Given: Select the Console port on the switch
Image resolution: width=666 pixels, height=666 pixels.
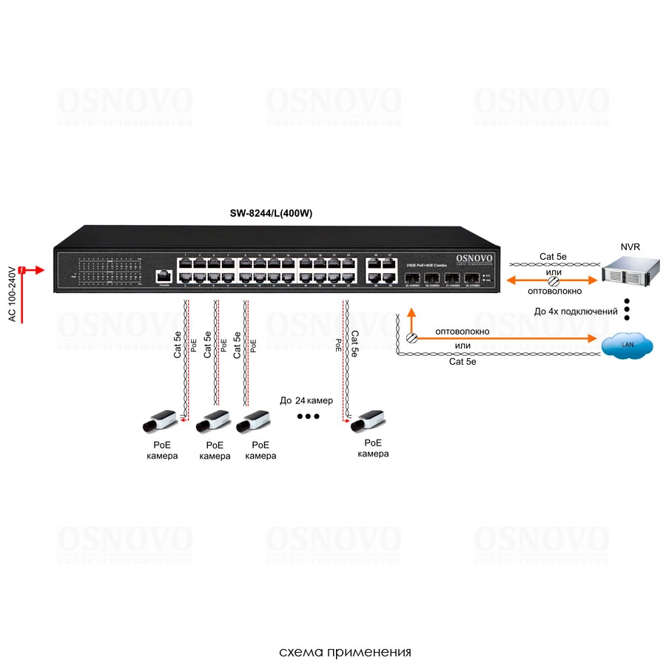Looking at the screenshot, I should click(164, 277).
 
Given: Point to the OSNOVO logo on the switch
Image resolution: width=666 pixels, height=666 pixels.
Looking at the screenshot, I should click(476, 257).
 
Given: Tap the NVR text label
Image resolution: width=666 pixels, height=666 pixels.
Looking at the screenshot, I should click(630, 246).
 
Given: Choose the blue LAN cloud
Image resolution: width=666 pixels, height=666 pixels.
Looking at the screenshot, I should click(628, 344).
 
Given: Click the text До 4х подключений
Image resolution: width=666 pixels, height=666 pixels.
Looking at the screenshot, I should click(576, 312).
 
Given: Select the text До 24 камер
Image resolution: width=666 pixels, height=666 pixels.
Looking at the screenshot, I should click(306, 400).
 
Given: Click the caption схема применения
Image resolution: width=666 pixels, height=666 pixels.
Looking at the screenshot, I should click(344, 652).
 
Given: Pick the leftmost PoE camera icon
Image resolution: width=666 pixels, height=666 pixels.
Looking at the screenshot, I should click(162, 422).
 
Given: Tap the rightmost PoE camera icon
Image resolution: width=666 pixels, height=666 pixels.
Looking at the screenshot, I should click(369, 421).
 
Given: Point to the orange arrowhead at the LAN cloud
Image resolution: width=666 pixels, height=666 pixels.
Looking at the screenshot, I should click(593, 339).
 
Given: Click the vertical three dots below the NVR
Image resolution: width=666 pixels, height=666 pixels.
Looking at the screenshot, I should click(627, 309).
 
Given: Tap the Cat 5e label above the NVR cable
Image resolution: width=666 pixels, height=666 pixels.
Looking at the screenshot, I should click(553, 257).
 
